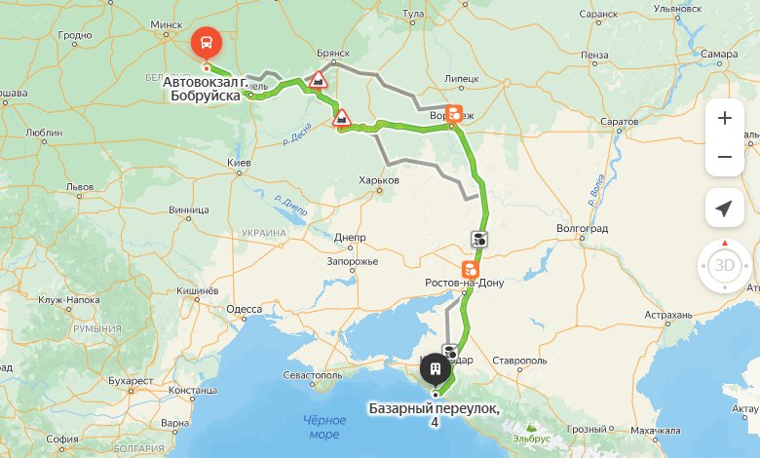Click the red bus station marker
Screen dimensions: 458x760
207,43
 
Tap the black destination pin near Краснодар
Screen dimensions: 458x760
435,368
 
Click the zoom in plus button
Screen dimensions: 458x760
724,119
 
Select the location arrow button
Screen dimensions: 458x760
724,209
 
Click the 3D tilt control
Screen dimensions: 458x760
724,265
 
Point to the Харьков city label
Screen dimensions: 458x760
379,180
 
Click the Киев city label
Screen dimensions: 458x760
239,161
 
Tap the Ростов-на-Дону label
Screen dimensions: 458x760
465,284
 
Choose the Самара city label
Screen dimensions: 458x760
718,54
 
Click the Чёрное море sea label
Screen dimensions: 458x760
323,426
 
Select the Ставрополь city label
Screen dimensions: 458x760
517,361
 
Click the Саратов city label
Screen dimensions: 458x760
620,122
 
